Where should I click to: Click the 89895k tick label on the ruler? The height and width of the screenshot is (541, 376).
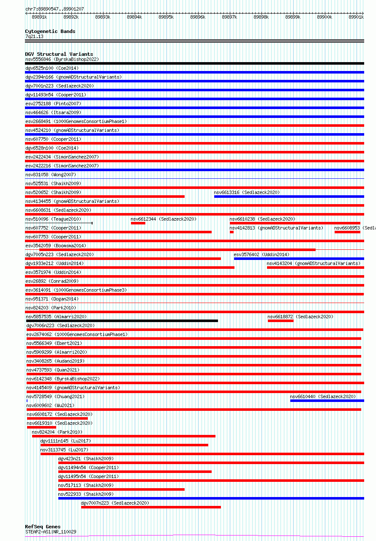coord(166,17)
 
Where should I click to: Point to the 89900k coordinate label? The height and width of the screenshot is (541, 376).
coord(324,17)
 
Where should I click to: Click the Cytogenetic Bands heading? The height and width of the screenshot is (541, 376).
coord(50,31)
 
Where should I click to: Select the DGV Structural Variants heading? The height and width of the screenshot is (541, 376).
coord(59,54)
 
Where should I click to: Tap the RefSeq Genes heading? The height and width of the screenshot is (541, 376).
coord(43,527)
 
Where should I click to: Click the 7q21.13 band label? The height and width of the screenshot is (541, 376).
coord(34,36)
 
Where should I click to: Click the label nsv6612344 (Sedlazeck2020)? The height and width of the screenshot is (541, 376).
coord(163,219)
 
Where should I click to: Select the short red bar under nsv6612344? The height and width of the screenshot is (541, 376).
coord(138,223)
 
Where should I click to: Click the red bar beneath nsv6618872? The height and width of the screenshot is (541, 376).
coord(281,321)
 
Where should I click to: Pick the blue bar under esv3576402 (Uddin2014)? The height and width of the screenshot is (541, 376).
coord(299,259)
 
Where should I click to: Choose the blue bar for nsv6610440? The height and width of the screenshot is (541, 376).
coord(327,401)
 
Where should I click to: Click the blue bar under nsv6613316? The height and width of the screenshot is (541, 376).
coord(289,197)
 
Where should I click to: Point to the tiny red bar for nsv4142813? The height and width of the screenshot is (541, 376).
coord(232,232)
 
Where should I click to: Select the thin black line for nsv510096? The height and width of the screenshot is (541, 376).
coord(59,223)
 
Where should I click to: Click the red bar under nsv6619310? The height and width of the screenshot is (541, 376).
coord(41,427)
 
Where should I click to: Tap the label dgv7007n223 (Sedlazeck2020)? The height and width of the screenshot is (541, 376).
coord(115,503)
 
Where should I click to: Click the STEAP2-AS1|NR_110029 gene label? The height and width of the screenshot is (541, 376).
coord(51,532)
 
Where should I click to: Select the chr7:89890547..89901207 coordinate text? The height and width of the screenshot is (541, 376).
coord(54,9)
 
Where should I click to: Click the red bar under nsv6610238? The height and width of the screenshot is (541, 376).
coord(295,223)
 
